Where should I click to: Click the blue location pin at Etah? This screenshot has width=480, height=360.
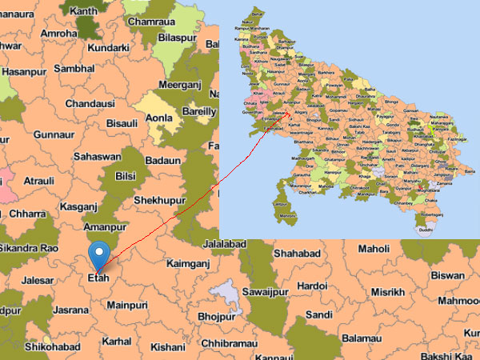tap(98, 254)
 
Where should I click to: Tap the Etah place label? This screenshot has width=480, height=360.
tap(97, 280)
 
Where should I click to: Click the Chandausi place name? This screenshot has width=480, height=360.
tap(90, 104)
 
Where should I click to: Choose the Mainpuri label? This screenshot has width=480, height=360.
tap(128, 305)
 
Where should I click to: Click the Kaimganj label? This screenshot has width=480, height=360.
tap(192, 262)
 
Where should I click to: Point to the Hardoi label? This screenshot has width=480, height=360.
tap(311, 286)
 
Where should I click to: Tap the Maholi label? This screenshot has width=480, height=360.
tap(374, 249)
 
